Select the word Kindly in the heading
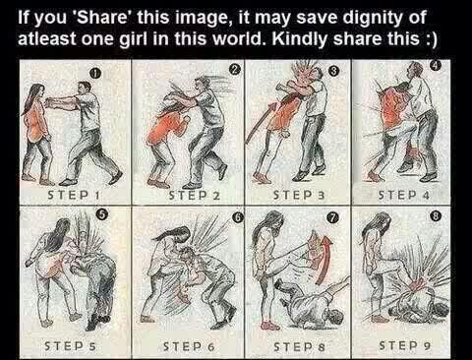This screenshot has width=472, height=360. (299, 39)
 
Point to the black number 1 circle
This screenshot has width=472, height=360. (94, 74)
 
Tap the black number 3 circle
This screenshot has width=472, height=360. (333, 71)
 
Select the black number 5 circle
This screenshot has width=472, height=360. (101, 214)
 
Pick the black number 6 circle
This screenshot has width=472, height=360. (238, 217)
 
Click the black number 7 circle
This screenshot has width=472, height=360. (332, 218)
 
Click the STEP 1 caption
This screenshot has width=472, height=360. (74, 195)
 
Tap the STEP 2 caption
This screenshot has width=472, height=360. (194, 196)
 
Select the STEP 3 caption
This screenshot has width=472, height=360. (299, 196)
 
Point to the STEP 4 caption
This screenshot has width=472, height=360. (404, 196)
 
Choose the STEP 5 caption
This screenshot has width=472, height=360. (70, 346)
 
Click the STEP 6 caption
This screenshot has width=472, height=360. (189, 346)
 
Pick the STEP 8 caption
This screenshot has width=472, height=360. (299, 346)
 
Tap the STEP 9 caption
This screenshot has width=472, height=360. (404, 345)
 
